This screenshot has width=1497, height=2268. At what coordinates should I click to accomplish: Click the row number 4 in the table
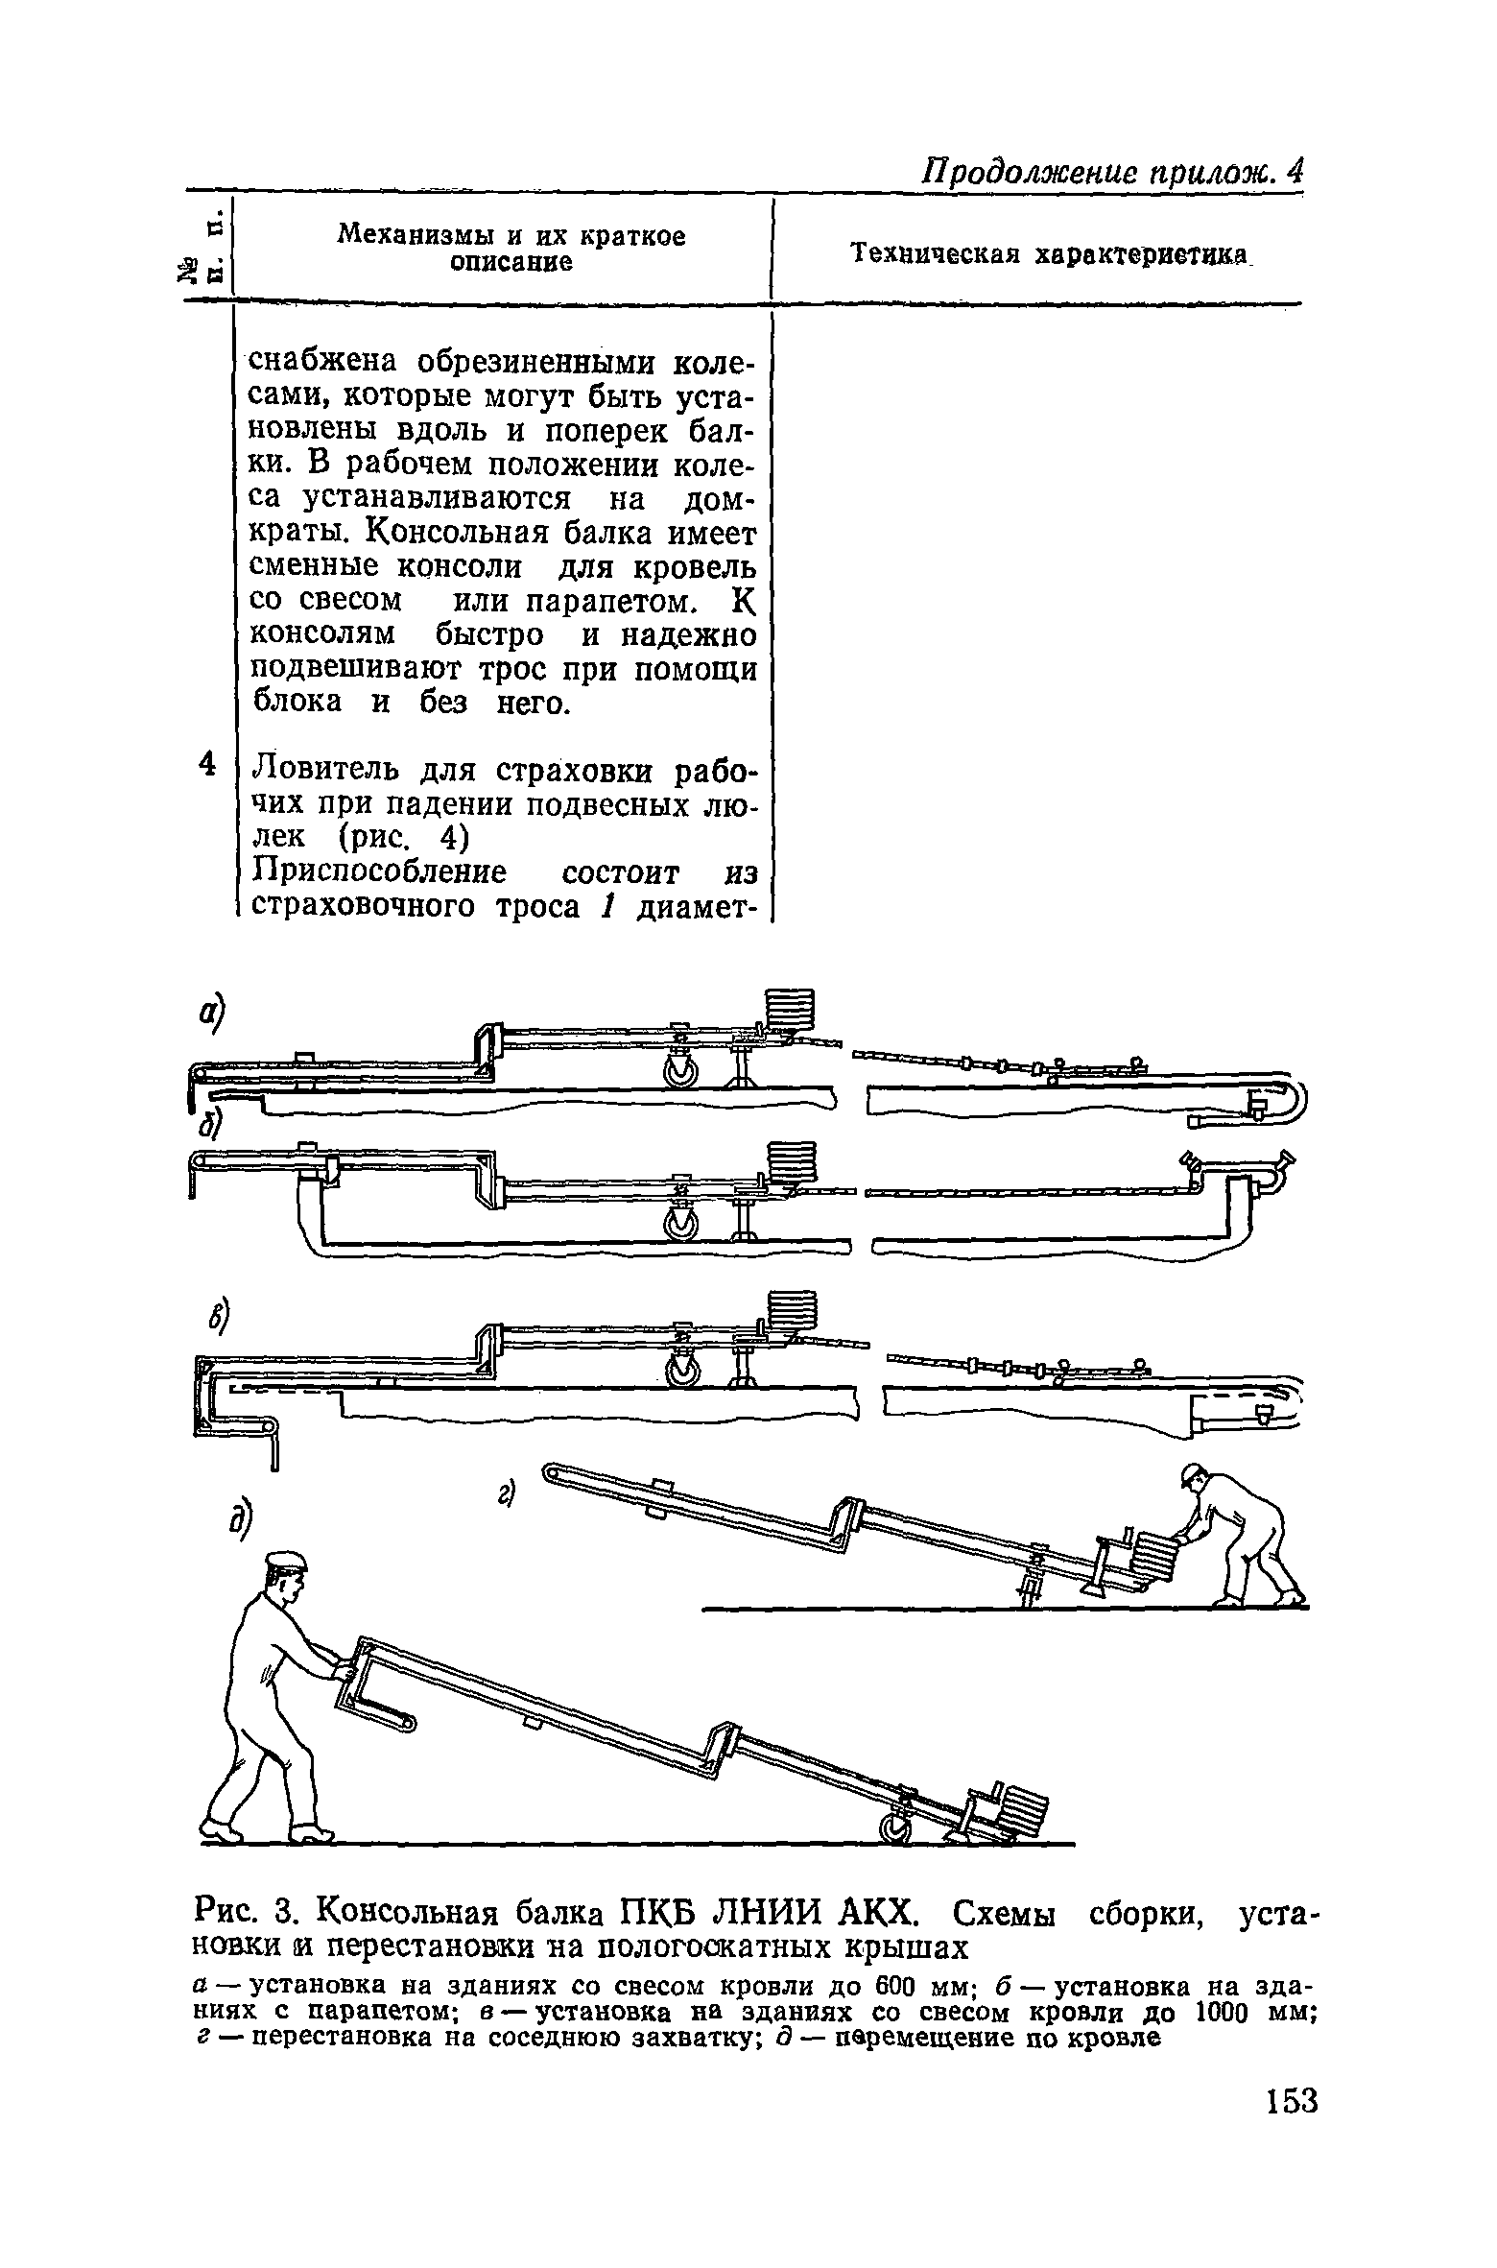pyautogui.click(x=204, y=764)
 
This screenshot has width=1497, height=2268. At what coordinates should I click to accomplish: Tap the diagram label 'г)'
pyautogui.click(x=506, y=1496)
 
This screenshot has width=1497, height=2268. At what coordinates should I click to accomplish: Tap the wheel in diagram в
pyautogui.click(x=684, y=1373)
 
